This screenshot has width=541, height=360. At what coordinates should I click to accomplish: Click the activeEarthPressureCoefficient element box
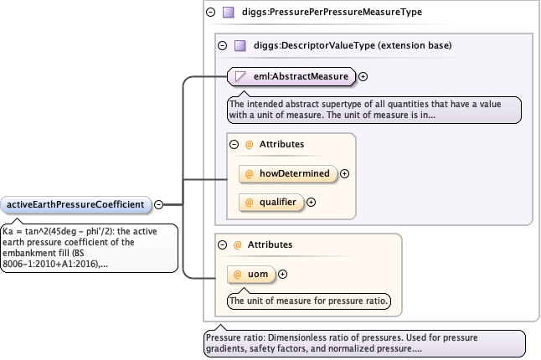tap(76, 205)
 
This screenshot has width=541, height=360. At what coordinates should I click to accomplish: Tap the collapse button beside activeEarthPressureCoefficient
tap(158, 204)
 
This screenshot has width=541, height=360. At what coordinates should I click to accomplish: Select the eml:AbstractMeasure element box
tap(291, 76)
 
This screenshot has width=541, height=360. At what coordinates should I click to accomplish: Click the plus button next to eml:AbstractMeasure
tap(363, 76)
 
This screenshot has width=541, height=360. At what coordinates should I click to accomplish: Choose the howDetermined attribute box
tap(288, 173)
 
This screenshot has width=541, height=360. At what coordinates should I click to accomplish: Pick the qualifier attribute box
tap(271, 202)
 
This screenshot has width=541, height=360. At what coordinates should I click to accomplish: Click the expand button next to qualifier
tap(312, 203)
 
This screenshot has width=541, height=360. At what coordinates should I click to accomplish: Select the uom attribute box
tap(251, 274)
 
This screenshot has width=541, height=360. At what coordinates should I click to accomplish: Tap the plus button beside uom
tap(282, 274)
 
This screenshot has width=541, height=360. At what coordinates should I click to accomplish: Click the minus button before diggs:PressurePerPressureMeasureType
tap(210, 13)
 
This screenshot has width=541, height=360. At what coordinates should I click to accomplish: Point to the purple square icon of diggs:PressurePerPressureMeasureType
tap(229, 13)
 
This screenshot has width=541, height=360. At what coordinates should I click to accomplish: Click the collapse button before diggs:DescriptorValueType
tap(223, 45)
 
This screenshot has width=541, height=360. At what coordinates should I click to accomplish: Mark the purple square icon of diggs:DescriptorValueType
tap(240, 45)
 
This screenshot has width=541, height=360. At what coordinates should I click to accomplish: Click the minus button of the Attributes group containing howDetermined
tap(234, 144)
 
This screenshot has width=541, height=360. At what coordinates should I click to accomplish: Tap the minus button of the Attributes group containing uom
tap(223, 244)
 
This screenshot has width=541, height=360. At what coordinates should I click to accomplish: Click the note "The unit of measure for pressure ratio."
tap(309, 301)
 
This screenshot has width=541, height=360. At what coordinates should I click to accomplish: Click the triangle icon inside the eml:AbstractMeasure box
tap(240, 76)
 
